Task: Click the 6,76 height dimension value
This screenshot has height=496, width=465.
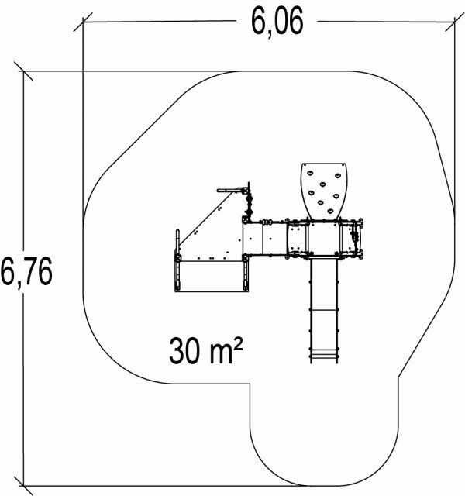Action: (x=26, y=271)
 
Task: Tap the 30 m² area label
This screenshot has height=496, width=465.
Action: (x=206, y=350)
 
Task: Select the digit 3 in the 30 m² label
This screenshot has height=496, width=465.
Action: (x=177, y=350)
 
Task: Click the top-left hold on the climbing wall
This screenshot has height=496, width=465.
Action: (x=310, y=173)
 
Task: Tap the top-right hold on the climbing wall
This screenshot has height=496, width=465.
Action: (x=338, y=175)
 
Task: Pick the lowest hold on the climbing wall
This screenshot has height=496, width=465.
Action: (x=330, y=210)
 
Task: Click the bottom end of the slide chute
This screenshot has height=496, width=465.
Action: (x=323, y=363)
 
